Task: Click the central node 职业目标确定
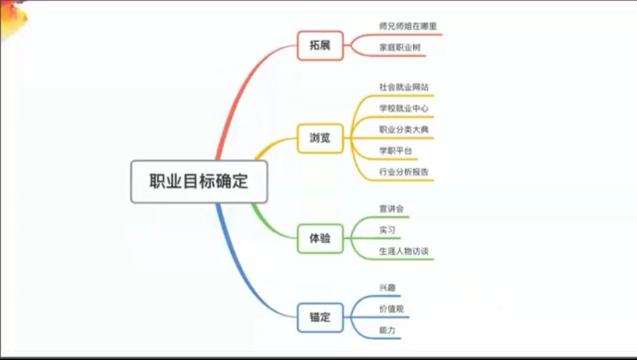click(199, 181)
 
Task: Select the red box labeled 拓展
click(320, 46)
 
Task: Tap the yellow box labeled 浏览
click(320, 138)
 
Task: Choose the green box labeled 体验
click(320, 239)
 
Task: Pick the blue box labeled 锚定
click(320, 318)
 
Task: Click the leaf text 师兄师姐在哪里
click(408, 26)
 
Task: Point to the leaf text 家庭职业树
click(400, 48)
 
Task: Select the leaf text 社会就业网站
click(404, 87)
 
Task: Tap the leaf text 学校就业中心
click(404, 109)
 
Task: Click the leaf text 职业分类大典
click(404, 130)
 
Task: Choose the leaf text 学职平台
click(396, 151)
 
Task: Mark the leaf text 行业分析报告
click(404, 172)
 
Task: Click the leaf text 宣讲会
click(391, 209)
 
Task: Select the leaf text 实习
click(387, 230)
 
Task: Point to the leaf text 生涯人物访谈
click(404, 251)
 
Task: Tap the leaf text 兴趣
click(387, 288)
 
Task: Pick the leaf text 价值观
click(391, 309)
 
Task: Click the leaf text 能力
click(387, 330)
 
